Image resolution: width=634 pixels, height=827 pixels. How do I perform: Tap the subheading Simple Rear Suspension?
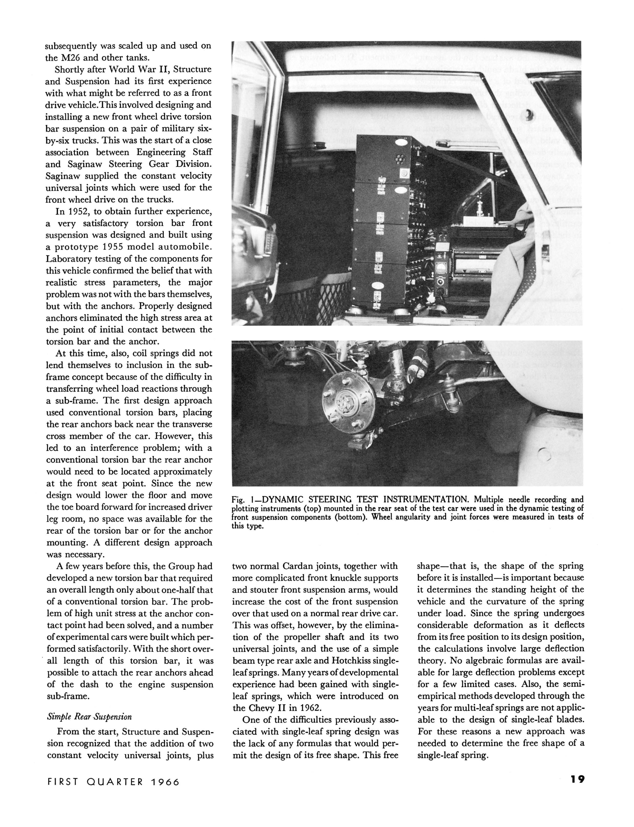click(89, 717)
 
